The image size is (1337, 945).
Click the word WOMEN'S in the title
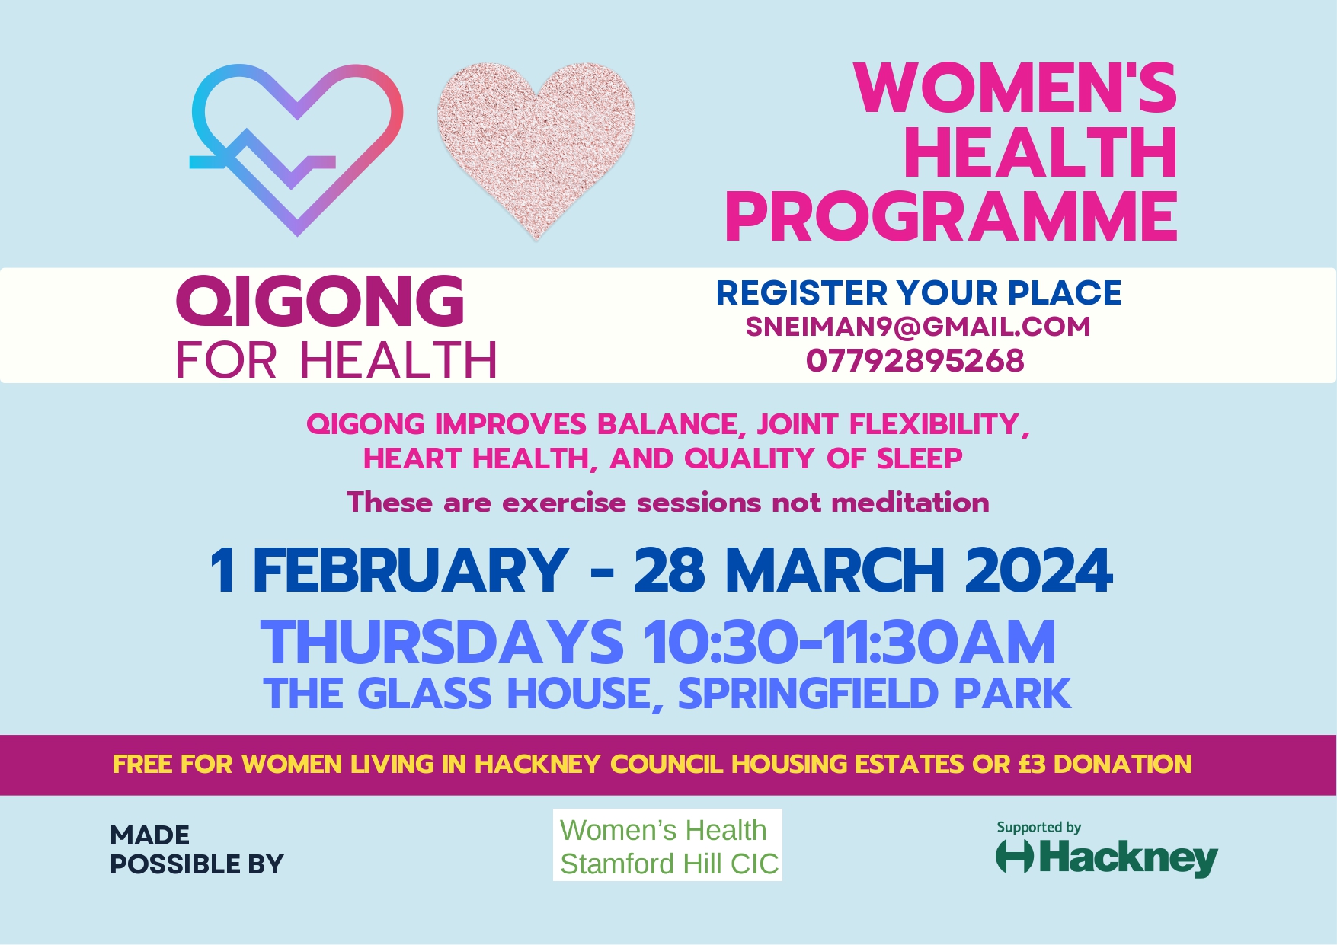1016,88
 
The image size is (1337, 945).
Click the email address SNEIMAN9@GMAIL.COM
918,327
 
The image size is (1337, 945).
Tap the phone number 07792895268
915,361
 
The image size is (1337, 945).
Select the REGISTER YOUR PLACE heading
919,293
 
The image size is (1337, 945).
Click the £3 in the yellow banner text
1032,764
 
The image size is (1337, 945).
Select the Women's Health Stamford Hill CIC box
667,845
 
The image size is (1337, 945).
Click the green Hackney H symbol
1015,856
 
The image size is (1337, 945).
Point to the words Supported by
1039,827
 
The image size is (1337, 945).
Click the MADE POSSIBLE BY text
197,850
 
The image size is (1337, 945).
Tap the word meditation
910,503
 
